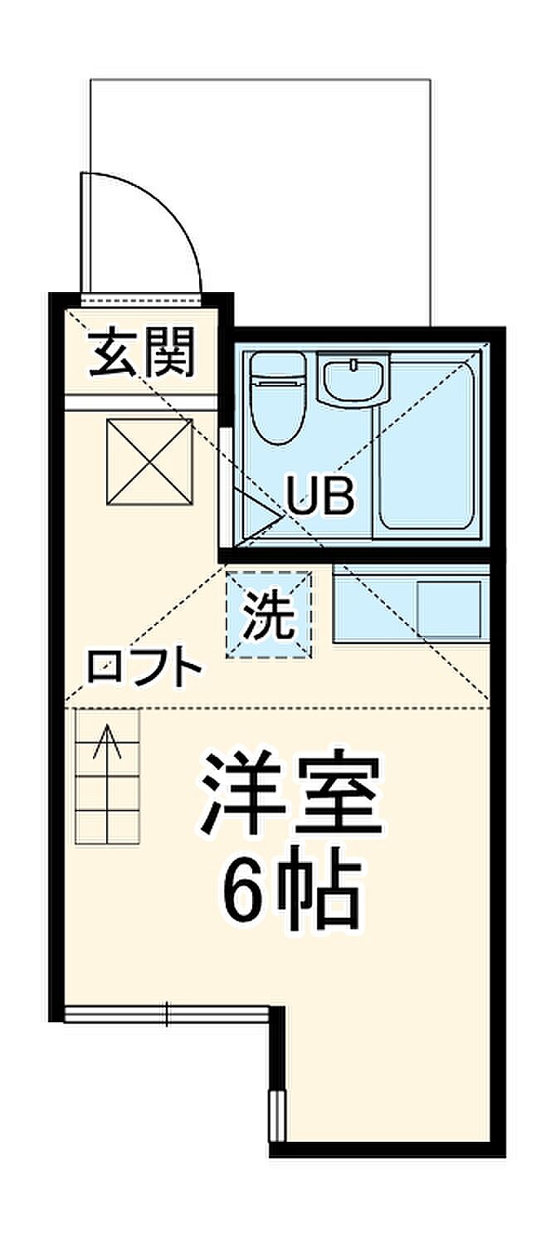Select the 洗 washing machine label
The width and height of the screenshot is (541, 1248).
click(x=269, y=614)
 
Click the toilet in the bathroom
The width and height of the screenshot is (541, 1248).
click(x=278, y=397)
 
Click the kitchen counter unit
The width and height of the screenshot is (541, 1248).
click(x=412, y=604)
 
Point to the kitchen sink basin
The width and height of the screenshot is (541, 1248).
click(x=449, y=610)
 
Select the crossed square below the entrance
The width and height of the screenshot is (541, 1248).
click(x=149, y=462)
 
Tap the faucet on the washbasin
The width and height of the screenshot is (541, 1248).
click(x=353, y=365)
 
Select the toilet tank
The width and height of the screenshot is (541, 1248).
click(x=278, y=363)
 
